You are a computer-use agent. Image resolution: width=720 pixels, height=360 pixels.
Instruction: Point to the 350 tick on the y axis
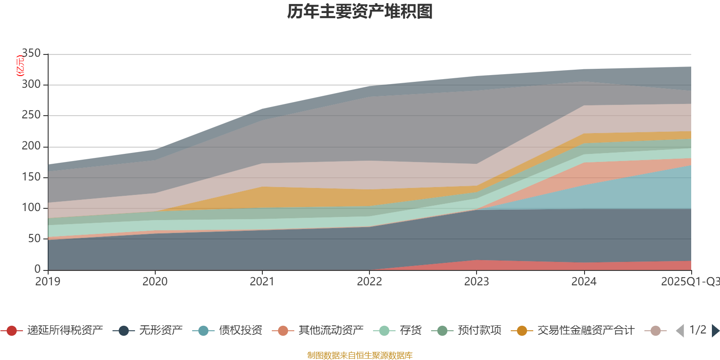tap(31, 54)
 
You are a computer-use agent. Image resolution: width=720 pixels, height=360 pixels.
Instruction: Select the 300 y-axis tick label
tap(31, 85)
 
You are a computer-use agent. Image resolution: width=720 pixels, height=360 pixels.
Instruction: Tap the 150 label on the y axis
tap(31, 177)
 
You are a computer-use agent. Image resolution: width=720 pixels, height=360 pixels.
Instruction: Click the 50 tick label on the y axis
tap(34, 238)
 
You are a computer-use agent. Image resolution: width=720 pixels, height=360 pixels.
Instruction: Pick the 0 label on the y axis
tap(37, 269)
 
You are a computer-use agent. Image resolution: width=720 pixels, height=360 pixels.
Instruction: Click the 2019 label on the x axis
tap(48, 282)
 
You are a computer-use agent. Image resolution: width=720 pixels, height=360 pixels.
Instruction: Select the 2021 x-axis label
tap(262, 282)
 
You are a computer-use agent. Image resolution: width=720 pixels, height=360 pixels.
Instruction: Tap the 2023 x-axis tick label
tap(477, 282)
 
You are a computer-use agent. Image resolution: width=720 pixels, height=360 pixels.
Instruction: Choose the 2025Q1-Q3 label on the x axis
tap(690, 282)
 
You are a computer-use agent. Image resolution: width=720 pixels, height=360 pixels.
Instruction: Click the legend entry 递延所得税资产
tap(65, 331)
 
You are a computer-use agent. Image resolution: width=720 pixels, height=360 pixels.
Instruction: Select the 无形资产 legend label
tap(161, 331)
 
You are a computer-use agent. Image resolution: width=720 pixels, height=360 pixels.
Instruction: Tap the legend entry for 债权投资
tap(240, 331)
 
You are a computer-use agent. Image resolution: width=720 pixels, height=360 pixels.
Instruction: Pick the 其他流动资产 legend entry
tap(331, 331)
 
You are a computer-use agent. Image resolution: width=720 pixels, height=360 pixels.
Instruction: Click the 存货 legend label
tap(410, 331)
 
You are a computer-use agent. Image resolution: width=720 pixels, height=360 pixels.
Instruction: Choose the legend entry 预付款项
tap(479, 331)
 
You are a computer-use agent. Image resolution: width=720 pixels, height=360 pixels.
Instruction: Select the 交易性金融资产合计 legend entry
tap(585, 331)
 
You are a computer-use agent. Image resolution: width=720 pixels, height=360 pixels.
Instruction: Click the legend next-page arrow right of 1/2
tap(715, 331)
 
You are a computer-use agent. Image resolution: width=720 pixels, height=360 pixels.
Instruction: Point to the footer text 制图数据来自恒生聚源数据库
tap(360, 355)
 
